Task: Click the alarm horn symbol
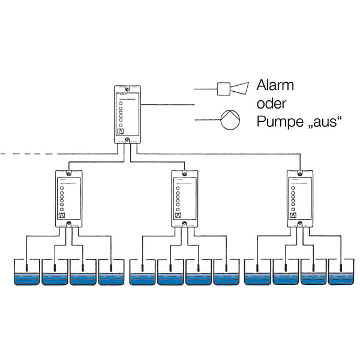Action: (x=231, y=89)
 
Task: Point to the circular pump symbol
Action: (x=230, y=120)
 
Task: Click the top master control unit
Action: (x=127, y=114)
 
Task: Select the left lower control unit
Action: (x=69, y=198)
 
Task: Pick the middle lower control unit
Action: (x=184, y=198)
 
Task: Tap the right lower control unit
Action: (x=299, y=198)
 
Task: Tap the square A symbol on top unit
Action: (x=120, y=131)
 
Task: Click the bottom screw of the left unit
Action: (x=69, y=224)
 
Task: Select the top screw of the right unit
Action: (x=299, y=173)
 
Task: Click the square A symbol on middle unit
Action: (x=178, y=215)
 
